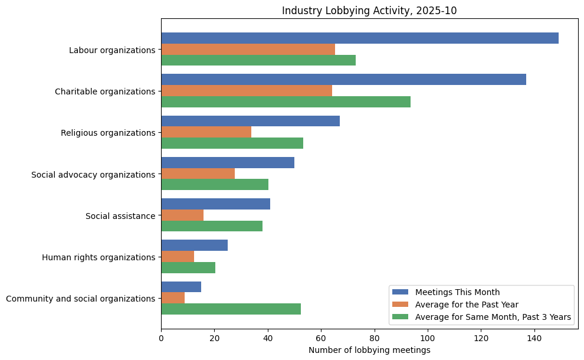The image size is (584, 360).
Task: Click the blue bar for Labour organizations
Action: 360,38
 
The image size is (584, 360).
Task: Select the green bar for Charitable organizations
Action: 286,102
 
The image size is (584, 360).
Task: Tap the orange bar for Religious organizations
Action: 206,132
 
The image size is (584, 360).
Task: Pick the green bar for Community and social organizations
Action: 231,309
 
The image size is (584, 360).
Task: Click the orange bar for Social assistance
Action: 182,215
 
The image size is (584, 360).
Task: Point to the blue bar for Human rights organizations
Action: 194,246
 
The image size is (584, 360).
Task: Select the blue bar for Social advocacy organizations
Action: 228,163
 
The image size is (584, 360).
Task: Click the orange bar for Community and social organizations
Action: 173,298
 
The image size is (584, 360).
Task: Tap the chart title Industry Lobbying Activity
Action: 369,11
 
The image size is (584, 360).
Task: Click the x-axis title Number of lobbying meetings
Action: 369,350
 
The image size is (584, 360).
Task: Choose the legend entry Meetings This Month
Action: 457,292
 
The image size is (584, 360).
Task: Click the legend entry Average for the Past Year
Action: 467,305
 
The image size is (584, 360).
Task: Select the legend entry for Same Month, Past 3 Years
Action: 493,318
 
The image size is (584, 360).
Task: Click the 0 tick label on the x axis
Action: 161,338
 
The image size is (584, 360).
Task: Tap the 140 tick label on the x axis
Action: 534,338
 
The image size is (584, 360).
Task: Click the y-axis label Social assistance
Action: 120,216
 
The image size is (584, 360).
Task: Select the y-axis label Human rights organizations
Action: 99,257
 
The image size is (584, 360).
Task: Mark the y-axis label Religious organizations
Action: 108,133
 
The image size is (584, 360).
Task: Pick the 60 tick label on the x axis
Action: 321,338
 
